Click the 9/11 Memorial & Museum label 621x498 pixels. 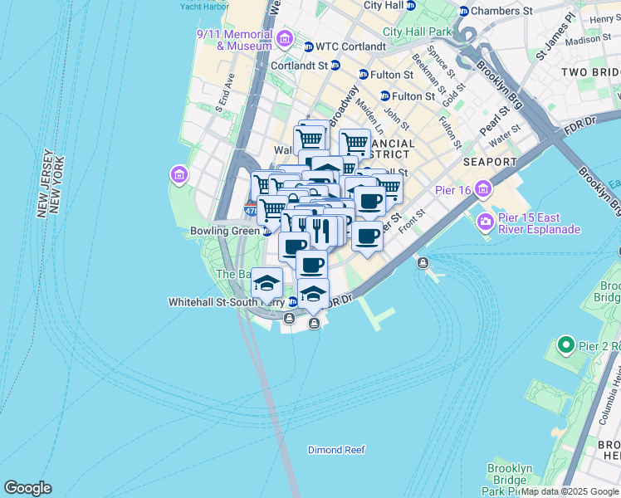point(234,40)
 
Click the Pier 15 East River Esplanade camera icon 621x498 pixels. point(485,222)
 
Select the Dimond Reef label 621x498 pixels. point(336,450)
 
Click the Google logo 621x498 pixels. point(27,488)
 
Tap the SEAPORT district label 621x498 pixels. point(490,163)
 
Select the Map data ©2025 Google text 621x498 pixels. point(570,491)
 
